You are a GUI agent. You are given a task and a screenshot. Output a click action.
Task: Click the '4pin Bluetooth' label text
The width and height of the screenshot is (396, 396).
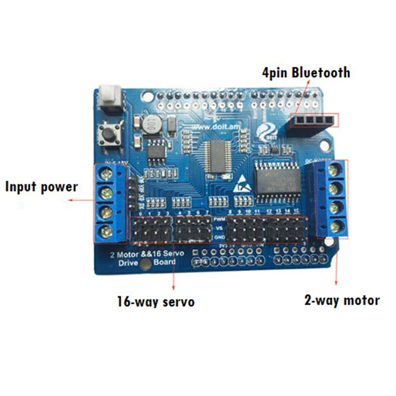(306, 73)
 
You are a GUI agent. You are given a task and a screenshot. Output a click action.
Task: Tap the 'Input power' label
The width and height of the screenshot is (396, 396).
(42, 187)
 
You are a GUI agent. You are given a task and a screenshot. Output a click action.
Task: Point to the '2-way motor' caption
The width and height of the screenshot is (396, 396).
(342, 300)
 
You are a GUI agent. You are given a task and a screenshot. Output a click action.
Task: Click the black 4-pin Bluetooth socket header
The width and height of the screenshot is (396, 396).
(310, 119)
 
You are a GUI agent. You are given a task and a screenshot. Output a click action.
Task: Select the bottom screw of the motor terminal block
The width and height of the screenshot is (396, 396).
(336, 227)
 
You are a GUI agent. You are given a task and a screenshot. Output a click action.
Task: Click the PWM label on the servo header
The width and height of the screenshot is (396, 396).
(218, 218)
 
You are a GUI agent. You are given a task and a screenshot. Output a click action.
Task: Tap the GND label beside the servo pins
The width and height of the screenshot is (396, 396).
(218, 237)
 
